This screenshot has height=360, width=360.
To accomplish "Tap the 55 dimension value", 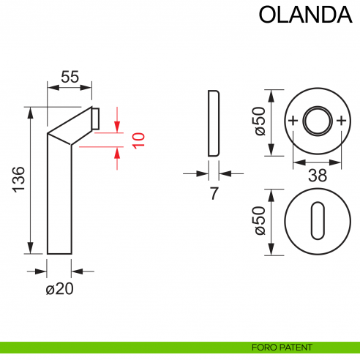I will coord(70,76).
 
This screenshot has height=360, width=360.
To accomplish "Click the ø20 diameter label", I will coord(60,289).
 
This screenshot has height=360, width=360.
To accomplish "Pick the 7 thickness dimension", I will coord(214,194).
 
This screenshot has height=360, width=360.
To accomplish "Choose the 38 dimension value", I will coord(316,174).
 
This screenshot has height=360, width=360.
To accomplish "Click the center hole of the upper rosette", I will coord(316,121).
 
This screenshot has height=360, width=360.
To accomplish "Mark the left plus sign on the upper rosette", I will coord(293,121).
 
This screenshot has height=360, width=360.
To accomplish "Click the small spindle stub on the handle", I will coord(95,118).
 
